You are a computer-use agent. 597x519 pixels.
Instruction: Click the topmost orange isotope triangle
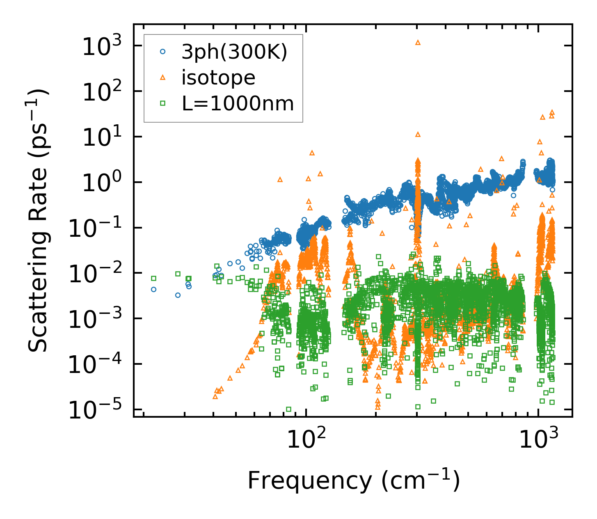pyautogui.click(x=418, y=42)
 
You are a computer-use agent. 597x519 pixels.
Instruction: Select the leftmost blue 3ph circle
pyautogui.click(x=153, y=289)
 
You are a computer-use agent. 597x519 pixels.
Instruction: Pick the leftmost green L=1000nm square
pyautogui.click(x=153, y=278)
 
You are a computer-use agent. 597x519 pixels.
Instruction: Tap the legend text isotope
pyautogui.click(x=218, y=78)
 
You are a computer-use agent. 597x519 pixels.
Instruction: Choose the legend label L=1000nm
pyautogui.click(x=238, y=104)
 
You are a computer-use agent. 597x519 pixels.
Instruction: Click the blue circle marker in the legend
pyautogui.click(x=163, y=52)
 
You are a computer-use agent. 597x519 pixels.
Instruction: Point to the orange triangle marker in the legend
pyautogui.click(x=163, y=78)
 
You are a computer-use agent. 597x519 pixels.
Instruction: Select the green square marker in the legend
pyautogui.click(x=163, y=104)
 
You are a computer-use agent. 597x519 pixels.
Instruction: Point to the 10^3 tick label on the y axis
pyautogui.click(x=98, y=46)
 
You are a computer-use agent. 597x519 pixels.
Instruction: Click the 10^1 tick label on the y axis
pyautogui.click(x=98, y=137)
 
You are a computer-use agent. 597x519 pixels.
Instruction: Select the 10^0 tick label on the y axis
pyautogui.click(x=98, y=183)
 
